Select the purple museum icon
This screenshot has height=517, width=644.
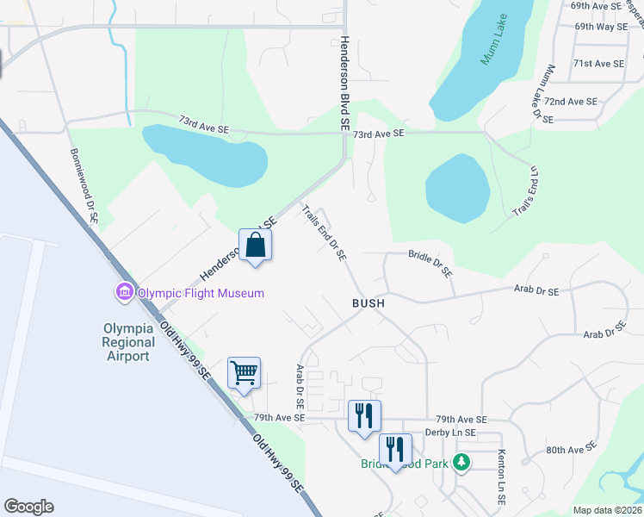point(123,293)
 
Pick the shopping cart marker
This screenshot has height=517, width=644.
point(244,373)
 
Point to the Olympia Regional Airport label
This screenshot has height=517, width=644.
point(128,342)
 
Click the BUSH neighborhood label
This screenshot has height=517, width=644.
point(368,303)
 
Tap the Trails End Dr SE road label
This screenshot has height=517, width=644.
point(325,232)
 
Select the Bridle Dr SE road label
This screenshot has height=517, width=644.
point(430,263)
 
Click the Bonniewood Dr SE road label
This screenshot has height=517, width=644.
point(84,186)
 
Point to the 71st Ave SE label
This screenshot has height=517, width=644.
point(598,64)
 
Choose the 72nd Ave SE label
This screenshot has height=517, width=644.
point(570,102)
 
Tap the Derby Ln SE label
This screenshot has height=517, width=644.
point(450,433)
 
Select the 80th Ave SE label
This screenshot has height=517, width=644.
point(571,449)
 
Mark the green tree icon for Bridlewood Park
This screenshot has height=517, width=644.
point(462,463)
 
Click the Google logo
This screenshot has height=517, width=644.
point(28,507)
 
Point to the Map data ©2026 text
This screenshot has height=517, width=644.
point(606,510)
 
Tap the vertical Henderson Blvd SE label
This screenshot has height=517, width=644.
point(344,83)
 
